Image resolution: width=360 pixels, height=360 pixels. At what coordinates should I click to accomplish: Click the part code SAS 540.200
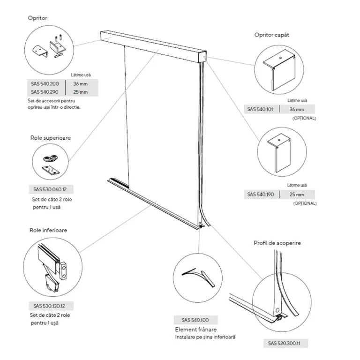[x=45, y=84]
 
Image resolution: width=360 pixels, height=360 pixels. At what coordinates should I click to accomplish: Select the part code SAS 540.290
[x=45, y=92]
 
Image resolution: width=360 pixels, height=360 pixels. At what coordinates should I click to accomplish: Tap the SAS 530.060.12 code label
[x=50, y=189]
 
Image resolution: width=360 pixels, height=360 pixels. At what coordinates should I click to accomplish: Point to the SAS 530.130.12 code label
[x=49, y=306]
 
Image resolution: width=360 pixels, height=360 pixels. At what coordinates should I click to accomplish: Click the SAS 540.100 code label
[x=195, y=320]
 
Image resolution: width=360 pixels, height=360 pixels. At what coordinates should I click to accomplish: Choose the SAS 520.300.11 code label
[x=284, y=343]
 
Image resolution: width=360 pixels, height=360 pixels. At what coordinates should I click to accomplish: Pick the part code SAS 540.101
[x=260, y=109]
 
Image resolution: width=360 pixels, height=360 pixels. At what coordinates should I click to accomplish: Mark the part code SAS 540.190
[x=261, y=195]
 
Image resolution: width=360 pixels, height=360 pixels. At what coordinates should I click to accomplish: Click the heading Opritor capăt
[x=271, y=35]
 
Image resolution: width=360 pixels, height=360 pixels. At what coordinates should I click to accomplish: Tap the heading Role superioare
[x=51, y=138]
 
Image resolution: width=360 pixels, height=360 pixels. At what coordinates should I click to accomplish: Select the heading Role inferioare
[x=48, y=230]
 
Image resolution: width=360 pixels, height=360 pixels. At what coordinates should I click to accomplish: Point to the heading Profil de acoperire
[x=277, y=243]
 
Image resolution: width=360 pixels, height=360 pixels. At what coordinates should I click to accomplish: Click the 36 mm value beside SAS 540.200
[x=80, y=84]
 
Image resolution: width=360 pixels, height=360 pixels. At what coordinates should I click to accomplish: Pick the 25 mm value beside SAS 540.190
[x=297, y=195]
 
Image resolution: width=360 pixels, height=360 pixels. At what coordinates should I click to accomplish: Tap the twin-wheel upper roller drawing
[x=51, y=158]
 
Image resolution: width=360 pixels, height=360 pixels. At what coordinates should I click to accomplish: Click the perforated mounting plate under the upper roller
[x=51, y=170]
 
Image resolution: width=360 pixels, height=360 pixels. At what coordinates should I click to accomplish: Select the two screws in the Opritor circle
[x=58, y=37]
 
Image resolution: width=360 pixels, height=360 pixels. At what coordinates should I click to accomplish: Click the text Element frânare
[x=196, y=330]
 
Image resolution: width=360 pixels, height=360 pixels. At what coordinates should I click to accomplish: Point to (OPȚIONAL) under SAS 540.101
[x=304, y=118]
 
